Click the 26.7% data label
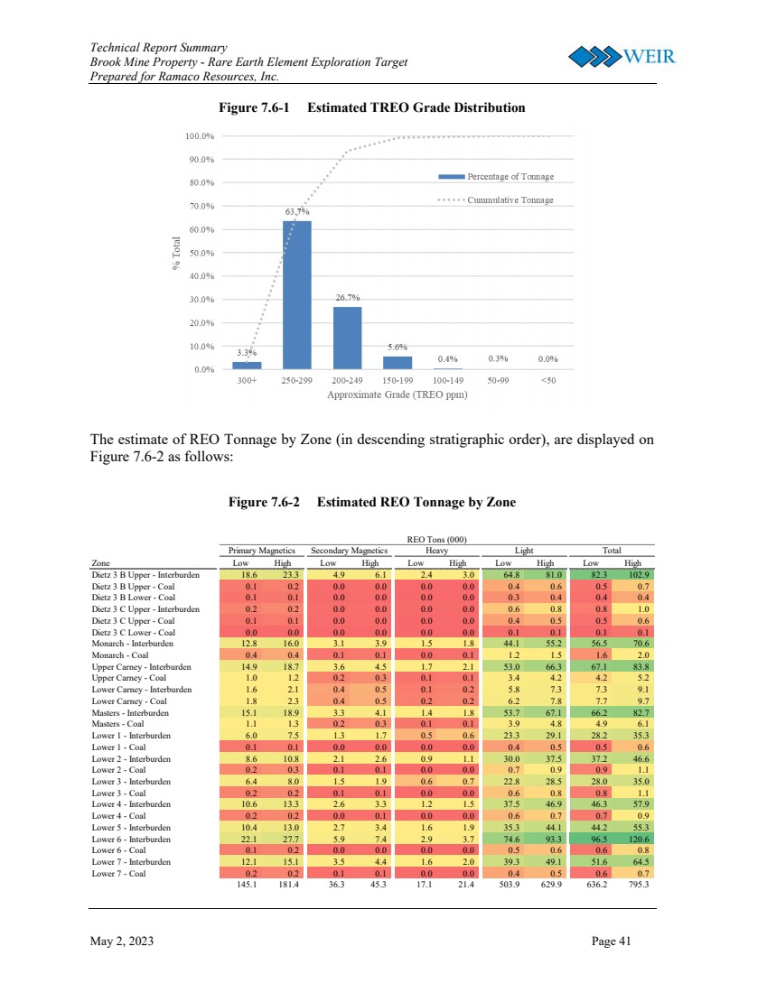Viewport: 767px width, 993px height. click(348, 297)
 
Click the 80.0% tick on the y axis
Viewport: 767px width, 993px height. click(200, 182)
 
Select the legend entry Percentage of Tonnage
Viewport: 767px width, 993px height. click(496, 177)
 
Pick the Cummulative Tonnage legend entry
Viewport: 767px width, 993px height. click(496, 200)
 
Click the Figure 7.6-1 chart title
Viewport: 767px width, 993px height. click(372, 107)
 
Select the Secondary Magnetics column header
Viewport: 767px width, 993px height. click(349, 550)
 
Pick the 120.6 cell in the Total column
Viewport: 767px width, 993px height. click(638, 839)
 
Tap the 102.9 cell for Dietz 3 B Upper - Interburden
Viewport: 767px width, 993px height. click(638, 573)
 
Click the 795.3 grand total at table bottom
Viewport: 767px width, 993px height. click(638, 885)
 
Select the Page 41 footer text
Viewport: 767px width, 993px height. click(611, 942)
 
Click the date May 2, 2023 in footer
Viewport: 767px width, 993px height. click(122, 942)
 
